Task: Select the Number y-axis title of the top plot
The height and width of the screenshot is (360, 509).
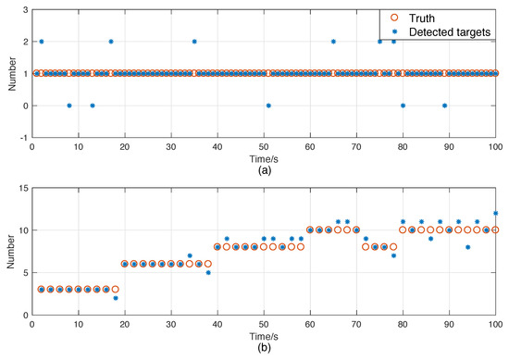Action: pos(8,73)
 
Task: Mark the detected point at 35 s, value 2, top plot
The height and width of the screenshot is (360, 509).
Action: pos(194,42)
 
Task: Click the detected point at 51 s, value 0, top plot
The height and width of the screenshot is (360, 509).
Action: pos(268,106)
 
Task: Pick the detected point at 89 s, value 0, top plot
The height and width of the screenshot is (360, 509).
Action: pos(445,106)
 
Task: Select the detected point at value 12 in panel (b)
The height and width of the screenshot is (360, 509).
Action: pos(495,213)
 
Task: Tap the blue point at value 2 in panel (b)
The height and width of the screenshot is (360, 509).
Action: pos(116,298)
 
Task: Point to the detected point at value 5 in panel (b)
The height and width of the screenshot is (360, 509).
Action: pos(208,273)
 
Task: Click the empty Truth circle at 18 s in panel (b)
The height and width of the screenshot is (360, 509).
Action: pos(116,290)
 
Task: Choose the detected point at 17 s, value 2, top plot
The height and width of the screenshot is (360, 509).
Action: pos(111,42)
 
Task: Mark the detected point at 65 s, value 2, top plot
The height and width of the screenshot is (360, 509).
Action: pos(333,42)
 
